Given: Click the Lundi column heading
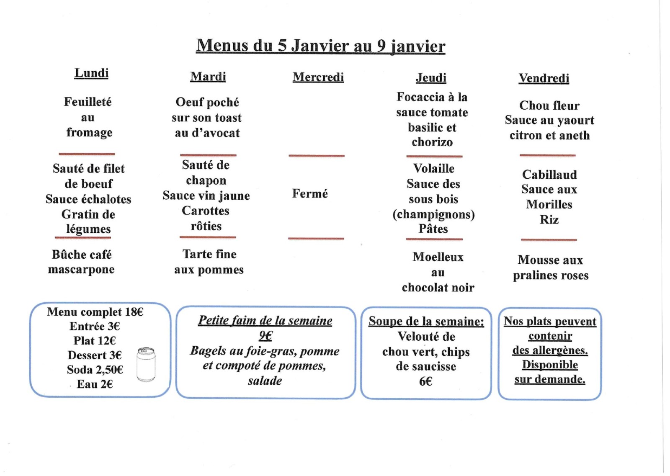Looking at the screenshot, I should [x=91, y=73].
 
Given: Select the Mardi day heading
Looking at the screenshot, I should [x=208, y=77].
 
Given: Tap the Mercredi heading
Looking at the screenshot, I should [x=318, y=77].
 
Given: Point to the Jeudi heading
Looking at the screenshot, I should [x=431, y=78].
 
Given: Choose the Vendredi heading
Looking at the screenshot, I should [x=544, y=78].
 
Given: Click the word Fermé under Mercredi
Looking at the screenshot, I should [x=310, y=193].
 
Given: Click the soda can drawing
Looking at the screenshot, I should [x=146, y=364].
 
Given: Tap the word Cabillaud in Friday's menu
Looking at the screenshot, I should [x=549, y=175].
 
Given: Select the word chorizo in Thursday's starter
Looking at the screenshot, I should [x=432, y=142].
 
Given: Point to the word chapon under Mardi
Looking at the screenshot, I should [x=206, y=180].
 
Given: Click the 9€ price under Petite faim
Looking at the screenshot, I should [x=265, y=336].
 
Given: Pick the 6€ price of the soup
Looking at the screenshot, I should [x=425, y=381].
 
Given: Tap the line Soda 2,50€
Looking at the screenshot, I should [x=95, y=370].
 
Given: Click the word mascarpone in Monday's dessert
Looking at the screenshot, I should [x=81, y=270].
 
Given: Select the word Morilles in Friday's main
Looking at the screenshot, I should [x=549, y=205].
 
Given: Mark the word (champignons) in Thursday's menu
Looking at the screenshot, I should [x=433, y=214].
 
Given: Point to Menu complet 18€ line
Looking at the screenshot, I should [x=95, y=312].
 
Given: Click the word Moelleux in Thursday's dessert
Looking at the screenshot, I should [x=438, y=257].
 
